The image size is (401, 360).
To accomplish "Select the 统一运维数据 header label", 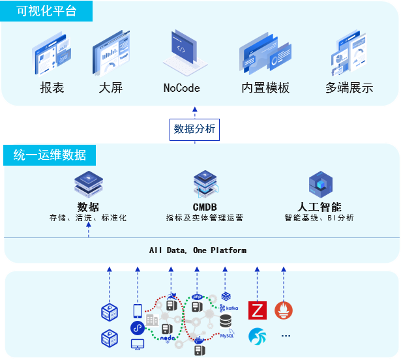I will pyautogui.click(x=50, y=155).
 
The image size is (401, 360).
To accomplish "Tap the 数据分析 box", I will pyautogui.click(x=194, y=129).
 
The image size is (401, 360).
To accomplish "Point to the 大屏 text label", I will pyautogui.click(x=111, y=87).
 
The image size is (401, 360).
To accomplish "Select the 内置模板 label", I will pyautogui.click(x=265, y=87).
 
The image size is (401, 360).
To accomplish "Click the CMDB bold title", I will pyautogui.click(x=205, y=207).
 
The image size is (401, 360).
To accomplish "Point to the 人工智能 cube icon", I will pyautogui.click(x=320, y=185).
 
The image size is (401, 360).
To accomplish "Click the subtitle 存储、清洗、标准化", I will pyautogui.click(x=88, y=218).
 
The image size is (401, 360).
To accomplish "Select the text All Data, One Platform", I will pyautogui.click(x=198, y=250).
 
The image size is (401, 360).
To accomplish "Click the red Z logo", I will pyautogui.click(x=258, y=310).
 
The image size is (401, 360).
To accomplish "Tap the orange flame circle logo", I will pyautogui.click(x=284, y=310).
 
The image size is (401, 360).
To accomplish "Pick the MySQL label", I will pyautogui.click(x=227, y=336).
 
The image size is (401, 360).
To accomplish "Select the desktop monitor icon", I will pyautogui.click(x=138, y=344).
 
